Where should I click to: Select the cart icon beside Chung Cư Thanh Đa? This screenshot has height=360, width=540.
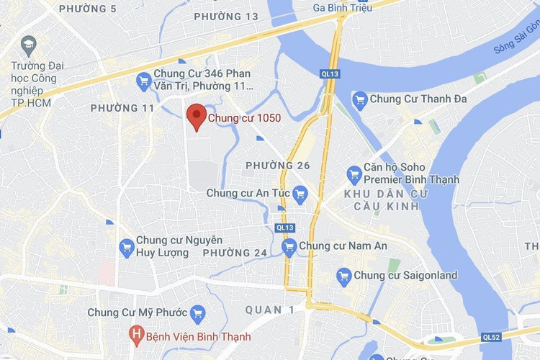tap(360, 99)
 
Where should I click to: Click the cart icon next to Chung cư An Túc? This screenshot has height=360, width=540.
tap(300, 192)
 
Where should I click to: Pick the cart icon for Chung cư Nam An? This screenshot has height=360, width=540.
tap(289, 247)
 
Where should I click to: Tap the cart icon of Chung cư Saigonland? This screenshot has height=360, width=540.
tap(344, 275)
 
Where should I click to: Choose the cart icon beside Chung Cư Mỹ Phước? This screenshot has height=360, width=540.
tap(197, 313)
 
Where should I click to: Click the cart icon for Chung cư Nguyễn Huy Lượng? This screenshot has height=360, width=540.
tap(127, 246)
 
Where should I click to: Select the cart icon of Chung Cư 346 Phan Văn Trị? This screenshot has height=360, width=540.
tap(143, 79)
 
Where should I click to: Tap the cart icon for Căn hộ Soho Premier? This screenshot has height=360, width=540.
tap(354, 174)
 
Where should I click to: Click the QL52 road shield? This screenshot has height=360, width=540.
tap(492, 336)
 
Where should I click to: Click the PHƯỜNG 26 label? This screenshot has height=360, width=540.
tap(278, 166)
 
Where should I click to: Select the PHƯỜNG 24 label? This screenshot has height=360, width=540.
tap(235, 253)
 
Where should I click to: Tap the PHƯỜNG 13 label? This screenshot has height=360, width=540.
tap(226, 16)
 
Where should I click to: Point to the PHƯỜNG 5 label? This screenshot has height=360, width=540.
tap(88, 9)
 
